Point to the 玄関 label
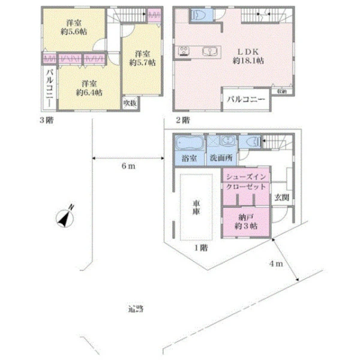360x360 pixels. pyautogui.click(x=282, y=196)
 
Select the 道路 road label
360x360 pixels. pyautogui.click(x=136, y=310)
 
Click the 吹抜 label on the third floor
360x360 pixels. pyautogui.click(x=130, y=103)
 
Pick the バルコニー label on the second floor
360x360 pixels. pyautogui.click(x=245, y=100)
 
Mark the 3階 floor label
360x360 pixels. pyautogui.click(x=46, y=119)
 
